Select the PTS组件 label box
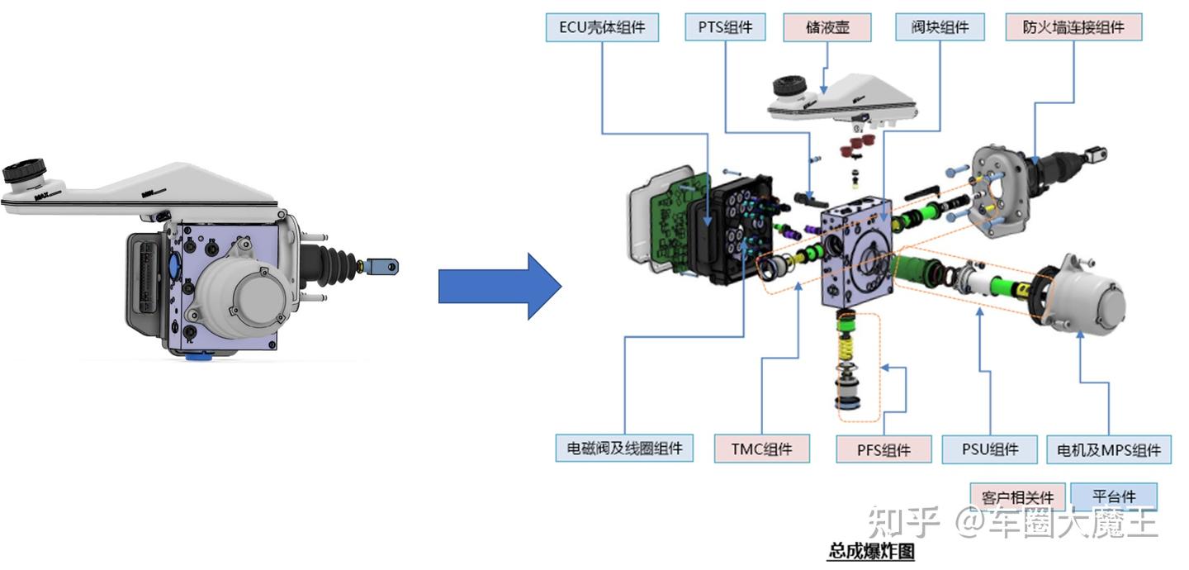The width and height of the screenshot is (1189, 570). click(x=725, y=28)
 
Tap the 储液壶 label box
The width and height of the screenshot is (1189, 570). click(x=827, y=28)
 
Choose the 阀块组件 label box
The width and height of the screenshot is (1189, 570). click(x=940, y=28)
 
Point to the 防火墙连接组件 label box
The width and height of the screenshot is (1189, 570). click(x=1073, y=28)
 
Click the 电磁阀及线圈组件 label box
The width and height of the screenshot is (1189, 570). click(x=623, y=449)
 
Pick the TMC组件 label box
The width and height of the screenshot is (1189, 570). click(x=760, y=449)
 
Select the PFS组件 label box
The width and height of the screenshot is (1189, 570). click(x=883, y=450)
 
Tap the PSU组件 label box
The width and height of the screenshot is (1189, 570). click(x=989, y=449)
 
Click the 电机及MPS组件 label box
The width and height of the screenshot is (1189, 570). click(x=1108, y=450)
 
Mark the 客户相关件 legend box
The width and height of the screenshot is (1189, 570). click(x=1017, y=497)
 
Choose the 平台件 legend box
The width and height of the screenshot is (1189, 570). click(x=1113, y=496)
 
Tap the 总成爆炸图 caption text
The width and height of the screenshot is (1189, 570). click(x=870, y=551)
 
